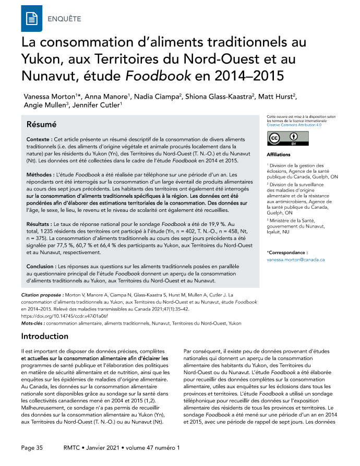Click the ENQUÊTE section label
(x=64, y=19)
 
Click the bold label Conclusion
(x=41, y=267)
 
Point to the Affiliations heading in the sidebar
(x=279, y=155)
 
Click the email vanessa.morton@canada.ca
(x=295, y=259)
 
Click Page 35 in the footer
(x=32, y=448)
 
